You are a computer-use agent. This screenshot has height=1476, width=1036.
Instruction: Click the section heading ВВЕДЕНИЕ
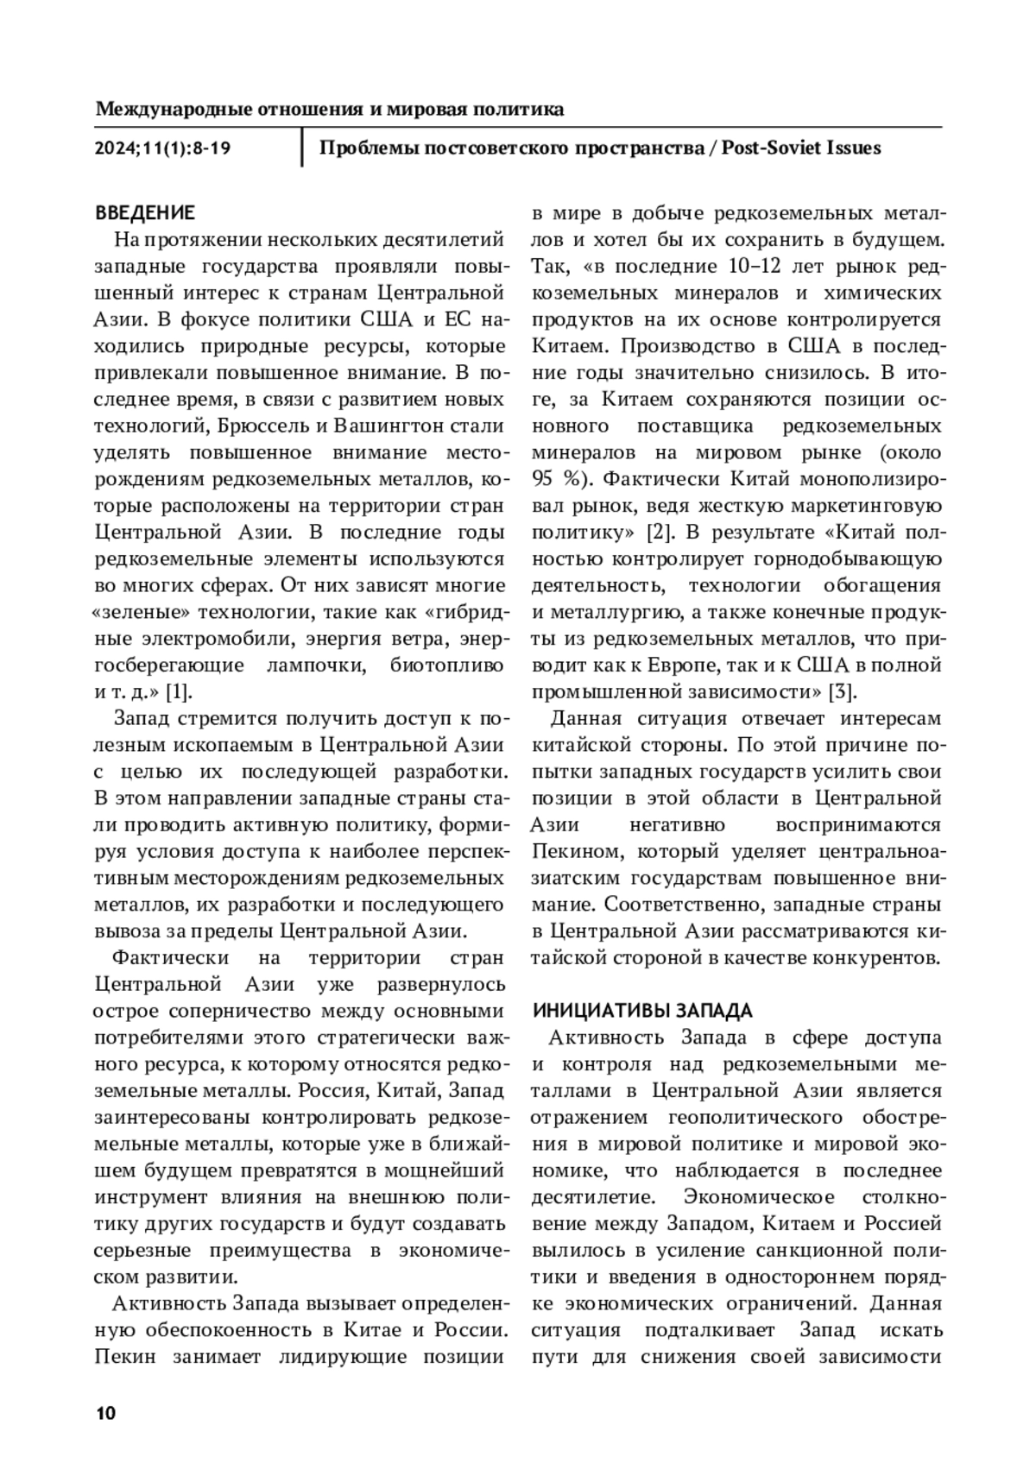point(144,212)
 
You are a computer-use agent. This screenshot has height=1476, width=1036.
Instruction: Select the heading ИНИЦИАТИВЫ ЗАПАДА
point(642,1011)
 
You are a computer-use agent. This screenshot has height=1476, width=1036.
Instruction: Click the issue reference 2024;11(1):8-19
point(162,148)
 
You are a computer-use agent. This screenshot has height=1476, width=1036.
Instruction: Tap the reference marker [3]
point(841,691)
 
